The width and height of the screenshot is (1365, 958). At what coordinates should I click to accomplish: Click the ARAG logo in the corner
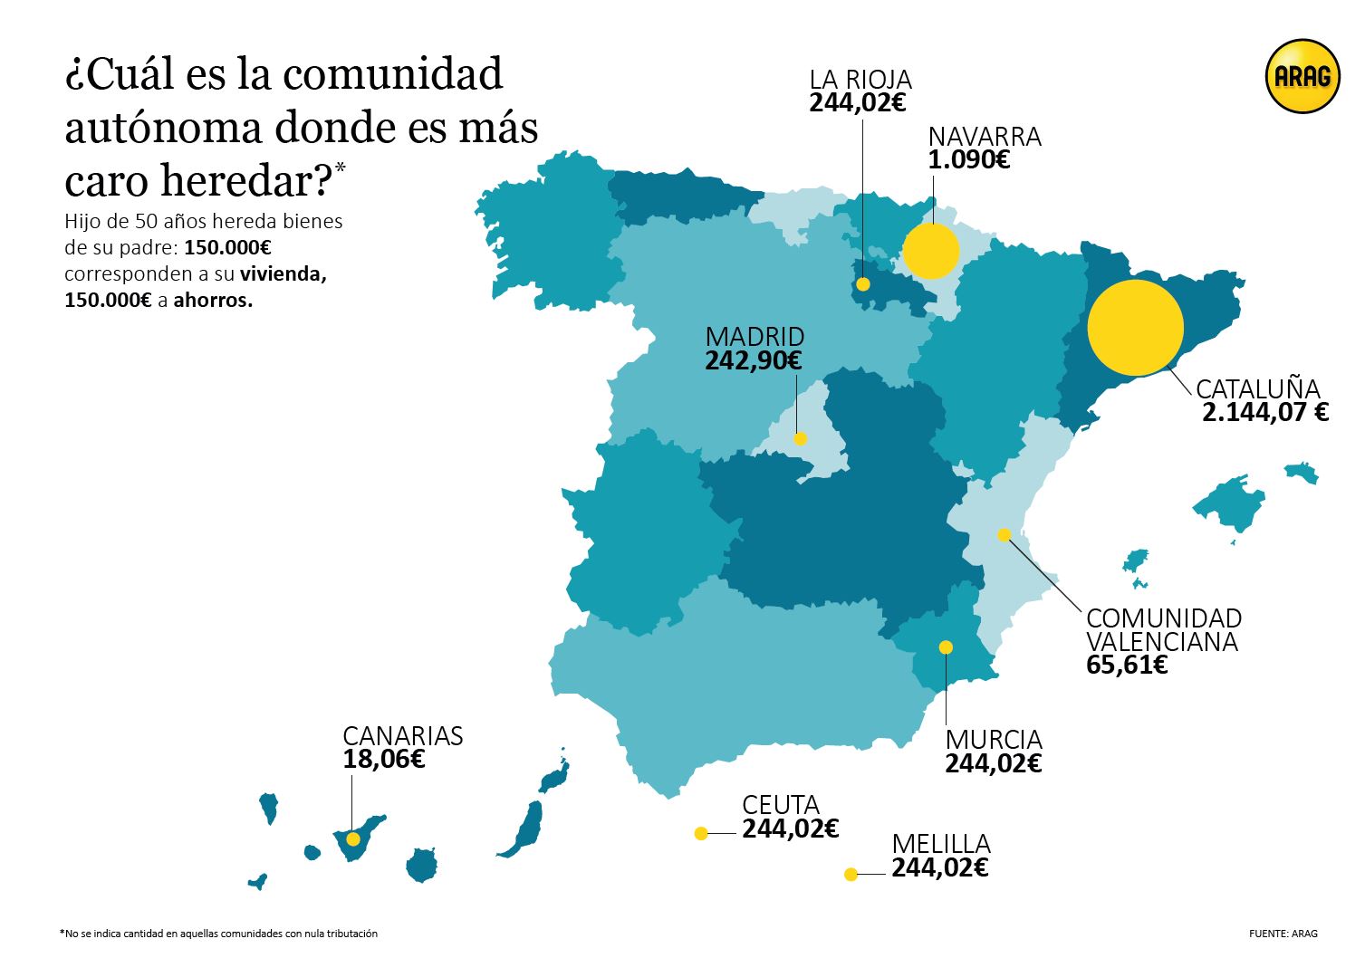1303,77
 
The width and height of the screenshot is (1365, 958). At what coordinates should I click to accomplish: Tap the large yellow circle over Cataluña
1135,328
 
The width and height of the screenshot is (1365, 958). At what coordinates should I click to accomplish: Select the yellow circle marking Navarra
931,251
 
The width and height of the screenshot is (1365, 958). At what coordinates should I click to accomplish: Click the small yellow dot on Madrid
800,439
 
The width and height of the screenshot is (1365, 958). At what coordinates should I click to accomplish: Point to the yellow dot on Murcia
946,647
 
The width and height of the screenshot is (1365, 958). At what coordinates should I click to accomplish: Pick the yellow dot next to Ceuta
700,833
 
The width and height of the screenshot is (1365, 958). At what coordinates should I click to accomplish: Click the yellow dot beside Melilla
851,874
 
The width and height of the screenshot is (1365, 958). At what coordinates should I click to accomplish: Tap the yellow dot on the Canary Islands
353,839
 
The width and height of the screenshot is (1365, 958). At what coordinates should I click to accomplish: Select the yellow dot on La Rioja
863,284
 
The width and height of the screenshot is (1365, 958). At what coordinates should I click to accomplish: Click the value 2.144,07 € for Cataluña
1265,413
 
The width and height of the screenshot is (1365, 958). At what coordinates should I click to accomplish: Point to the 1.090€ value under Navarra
968,160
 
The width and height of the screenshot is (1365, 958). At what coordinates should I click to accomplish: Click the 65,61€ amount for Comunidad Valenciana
1127,666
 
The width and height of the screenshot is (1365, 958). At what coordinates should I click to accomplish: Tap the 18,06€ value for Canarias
383,759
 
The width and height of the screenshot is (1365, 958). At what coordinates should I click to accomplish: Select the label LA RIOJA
860,80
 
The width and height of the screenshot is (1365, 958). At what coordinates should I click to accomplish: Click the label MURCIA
994,740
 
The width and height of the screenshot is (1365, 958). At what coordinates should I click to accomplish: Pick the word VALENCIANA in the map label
1161,641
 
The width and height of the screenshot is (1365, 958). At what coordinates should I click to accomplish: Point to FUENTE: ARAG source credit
1283,934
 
